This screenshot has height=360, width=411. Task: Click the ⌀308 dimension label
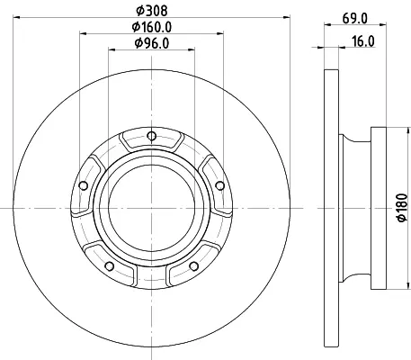[152, 11]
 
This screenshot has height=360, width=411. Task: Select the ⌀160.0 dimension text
[152, 27]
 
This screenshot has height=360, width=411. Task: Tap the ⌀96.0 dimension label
[152, 43]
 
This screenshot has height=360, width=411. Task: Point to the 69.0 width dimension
[355, 19]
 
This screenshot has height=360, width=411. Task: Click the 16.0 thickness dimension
[363, 41]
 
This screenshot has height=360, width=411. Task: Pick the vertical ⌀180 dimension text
[402, 208]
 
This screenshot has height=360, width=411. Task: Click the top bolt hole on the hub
[152, 136]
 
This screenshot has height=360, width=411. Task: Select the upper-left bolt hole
[84, 185]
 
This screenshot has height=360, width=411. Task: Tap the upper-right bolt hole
[220, 185]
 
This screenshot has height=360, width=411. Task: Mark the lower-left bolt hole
[110, 265]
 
